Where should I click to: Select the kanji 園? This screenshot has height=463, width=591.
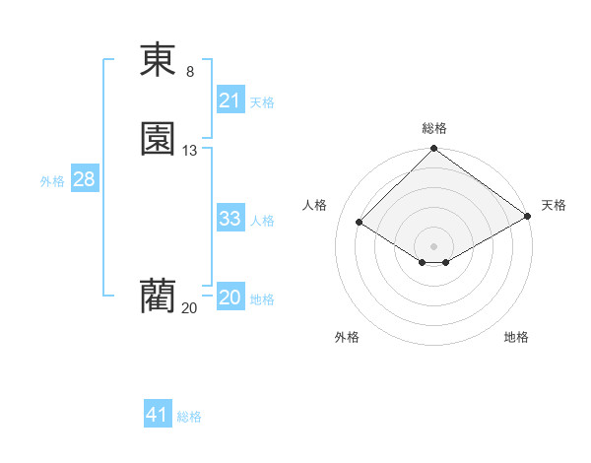[x=158, y=139]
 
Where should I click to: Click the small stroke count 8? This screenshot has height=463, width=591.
[x=190, y=71]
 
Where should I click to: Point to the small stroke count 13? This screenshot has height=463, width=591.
[x=190, y=151]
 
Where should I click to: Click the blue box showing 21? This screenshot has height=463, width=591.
[x=230, y=100]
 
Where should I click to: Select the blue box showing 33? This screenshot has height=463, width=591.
[x=230, y=219]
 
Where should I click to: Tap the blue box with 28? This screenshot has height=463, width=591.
[x=83, y=179]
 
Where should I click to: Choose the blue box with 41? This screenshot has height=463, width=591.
[x=158, y=415]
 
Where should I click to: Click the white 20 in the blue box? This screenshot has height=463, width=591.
[x=230, y=298]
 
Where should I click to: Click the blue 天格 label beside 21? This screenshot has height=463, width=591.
[x=262, y=102]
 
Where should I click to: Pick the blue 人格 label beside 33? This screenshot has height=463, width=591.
[x=262, y=221]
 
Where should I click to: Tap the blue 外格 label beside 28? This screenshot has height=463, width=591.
[x=52, y=181]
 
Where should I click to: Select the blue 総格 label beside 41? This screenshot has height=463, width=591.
[x=189, y=417]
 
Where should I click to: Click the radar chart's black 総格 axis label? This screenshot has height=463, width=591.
[x=434, y=128]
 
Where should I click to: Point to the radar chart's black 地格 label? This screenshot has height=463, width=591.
[x=516, y=337]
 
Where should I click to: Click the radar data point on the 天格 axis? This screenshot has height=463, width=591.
[x=527, y=218]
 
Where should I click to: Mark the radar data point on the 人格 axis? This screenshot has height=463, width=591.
[x=361, y=223]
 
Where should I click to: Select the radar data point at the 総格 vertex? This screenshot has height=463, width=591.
[x=434, y=150]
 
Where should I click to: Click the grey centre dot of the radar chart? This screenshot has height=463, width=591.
[x=434, y=245]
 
